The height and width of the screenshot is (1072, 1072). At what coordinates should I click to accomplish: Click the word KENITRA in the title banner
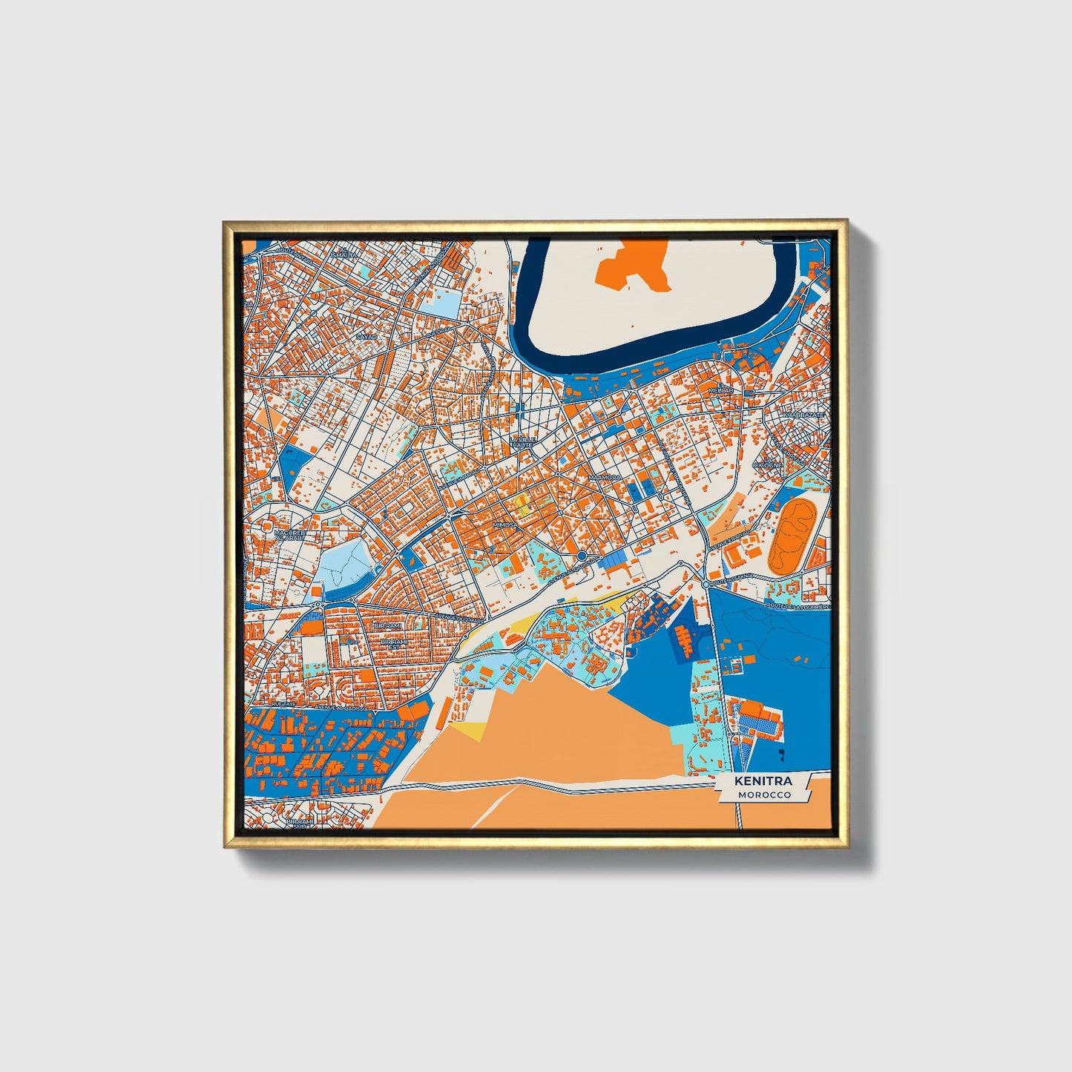(x=763, y=781)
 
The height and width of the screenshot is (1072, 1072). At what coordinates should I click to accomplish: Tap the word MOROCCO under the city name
(x=763, y=795)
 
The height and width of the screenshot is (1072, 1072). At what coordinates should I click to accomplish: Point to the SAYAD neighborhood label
(x=366, y=336)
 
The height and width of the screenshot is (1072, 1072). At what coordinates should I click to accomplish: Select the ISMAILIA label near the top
(x=344, y=254)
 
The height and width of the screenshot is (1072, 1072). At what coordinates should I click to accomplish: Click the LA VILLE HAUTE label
(x=522, y=442)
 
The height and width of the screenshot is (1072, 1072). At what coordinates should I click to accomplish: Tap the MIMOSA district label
(x=504, y=525)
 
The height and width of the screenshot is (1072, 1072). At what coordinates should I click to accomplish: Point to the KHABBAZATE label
(x=805, y=415)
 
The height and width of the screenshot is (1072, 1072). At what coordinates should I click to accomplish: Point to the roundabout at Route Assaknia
(x=705, y=585)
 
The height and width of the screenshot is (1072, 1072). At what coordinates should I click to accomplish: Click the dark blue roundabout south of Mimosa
(x=582, y=556)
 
